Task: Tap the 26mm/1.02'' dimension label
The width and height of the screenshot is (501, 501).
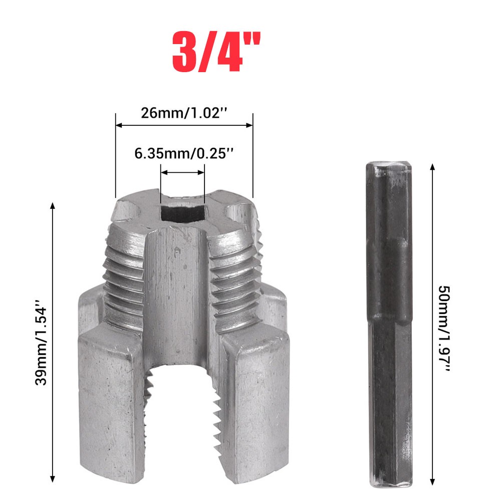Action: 184,113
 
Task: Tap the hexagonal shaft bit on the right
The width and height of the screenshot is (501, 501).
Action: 389,326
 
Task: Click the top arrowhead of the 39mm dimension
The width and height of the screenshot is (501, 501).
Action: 53,205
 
